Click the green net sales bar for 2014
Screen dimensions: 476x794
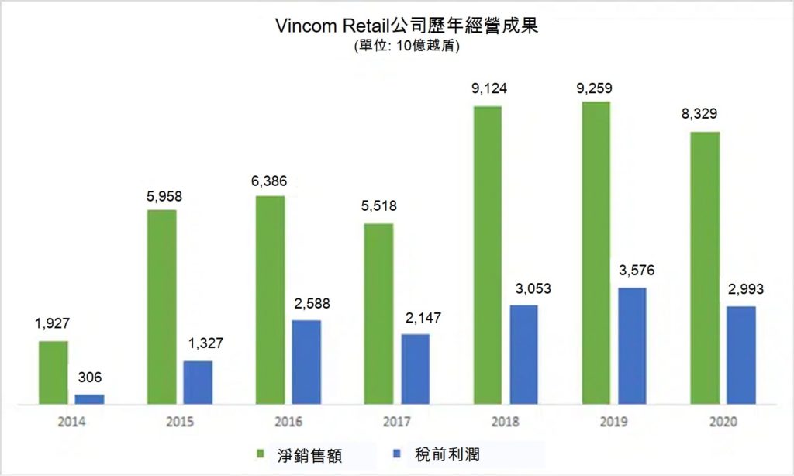tap(54, 372)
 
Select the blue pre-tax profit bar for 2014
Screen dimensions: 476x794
tap(89, 398)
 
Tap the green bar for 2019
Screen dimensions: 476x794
tap(595, 252)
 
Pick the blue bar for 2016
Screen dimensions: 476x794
tap(306, 361)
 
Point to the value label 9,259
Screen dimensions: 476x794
tap(595, 88)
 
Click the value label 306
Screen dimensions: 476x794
tap(90, 379)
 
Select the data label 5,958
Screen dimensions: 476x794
tap(164, 196)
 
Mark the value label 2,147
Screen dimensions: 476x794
tap(414, 318)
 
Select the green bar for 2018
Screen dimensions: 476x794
tap(488, 254)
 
